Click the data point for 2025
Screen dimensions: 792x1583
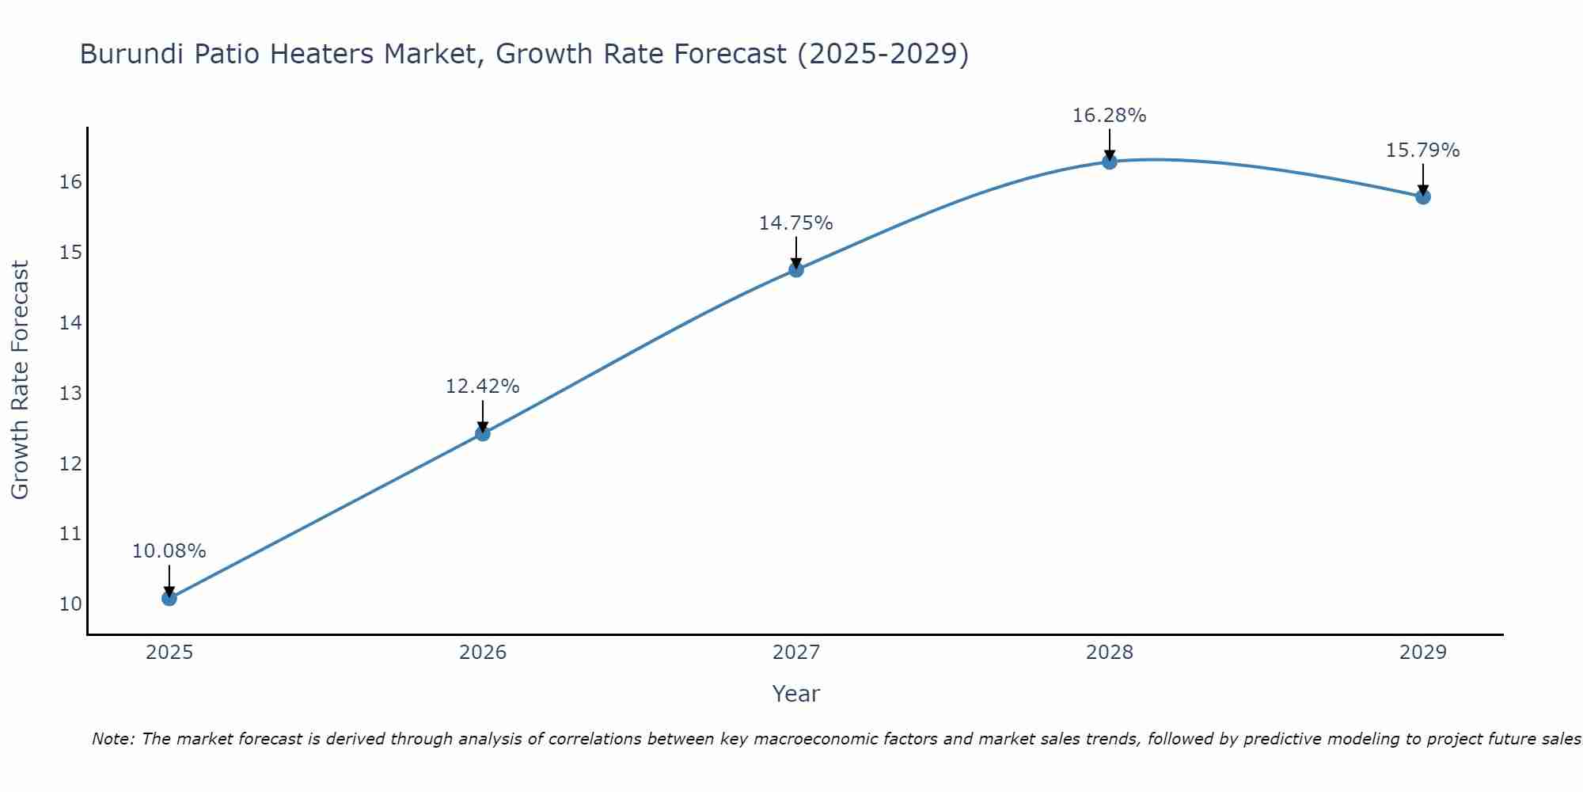169,598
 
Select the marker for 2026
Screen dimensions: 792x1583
483,433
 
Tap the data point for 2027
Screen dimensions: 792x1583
796,270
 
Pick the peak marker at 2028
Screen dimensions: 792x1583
1110,162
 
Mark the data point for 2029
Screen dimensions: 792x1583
1423,196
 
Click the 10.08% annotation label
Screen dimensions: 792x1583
169,551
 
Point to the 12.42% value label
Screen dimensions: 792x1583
483,386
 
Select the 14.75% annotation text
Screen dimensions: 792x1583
796,223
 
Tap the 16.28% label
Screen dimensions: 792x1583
1110,116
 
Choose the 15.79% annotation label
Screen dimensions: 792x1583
1423,150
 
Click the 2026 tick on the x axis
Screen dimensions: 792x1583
483,653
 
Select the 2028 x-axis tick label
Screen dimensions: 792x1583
1110,653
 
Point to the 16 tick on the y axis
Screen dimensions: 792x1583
70,182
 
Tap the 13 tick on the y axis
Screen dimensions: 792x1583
70,394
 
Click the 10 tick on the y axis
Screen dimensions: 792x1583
70,604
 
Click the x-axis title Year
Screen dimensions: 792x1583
796,694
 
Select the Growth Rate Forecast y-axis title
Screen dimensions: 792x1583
21,380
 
